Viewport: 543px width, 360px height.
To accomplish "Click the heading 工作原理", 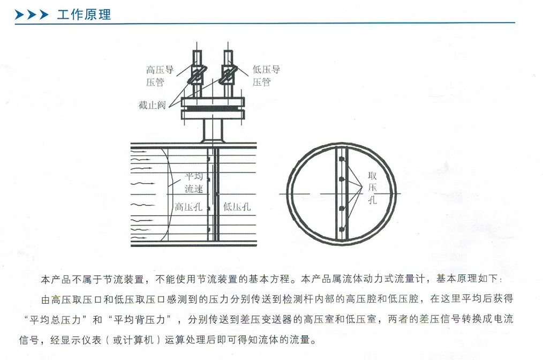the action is [x=84, y=14].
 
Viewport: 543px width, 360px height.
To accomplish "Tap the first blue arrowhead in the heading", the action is [x=19, y=14].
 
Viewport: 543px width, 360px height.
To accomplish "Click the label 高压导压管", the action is [x=160, y=76].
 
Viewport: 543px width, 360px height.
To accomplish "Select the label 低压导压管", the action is [x=266, y=76].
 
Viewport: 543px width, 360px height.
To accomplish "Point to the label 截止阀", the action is [x=152, y=104].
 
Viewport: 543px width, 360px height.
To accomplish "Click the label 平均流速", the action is [x=194, y=183].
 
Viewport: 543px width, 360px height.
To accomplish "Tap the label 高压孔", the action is [x=188, y=207].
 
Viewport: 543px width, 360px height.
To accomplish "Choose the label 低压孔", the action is [x=237, y=207].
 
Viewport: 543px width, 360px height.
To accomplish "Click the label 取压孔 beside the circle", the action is [x=372, y=187].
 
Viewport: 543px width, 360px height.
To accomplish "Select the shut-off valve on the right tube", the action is [x=229, y=74].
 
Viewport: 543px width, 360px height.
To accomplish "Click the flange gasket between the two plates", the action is [x=213, y=109].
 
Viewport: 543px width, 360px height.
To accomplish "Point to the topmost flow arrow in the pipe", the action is [x=139, y=152].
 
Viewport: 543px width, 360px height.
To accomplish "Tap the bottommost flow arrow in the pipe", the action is [x=139, y=238].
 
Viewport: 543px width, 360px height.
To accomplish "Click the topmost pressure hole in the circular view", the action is [x=342, y=159].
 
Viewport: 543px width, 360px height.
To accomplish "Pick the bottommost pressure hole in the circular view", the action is [x=342, y=229].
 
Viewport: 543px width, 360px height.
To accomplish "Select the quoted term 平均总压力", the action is [x=55, y=319].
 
